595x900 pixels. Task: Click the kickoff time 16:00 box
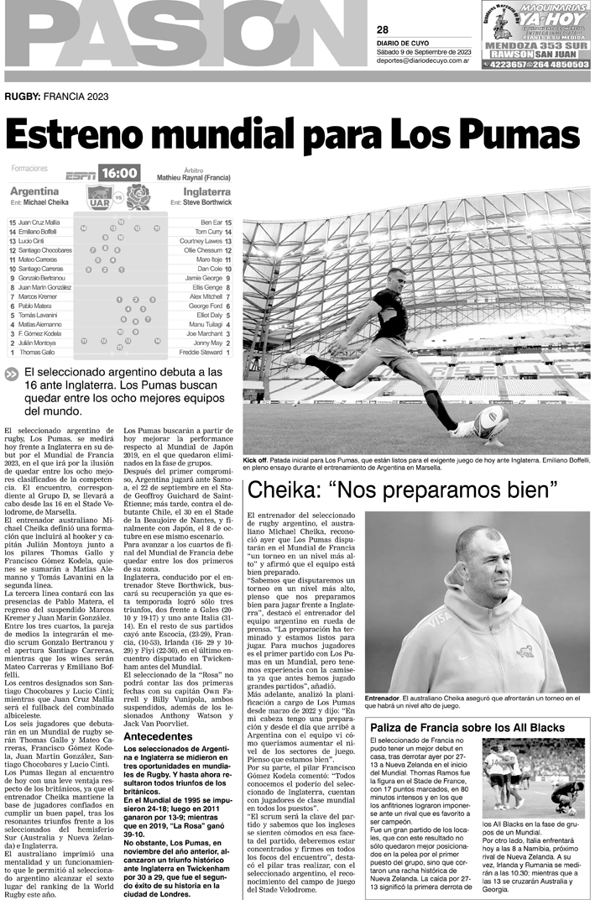(x=119, y=174)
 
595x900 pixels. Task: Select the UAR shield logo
(x=100, y=197)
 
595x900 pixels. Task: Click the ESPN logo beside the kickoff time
(x=81, y=175)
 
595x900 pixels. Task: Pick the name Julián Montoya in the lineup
(x=39, y=342)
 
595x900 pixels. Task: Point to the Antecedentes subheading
(x=158, y=736)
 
